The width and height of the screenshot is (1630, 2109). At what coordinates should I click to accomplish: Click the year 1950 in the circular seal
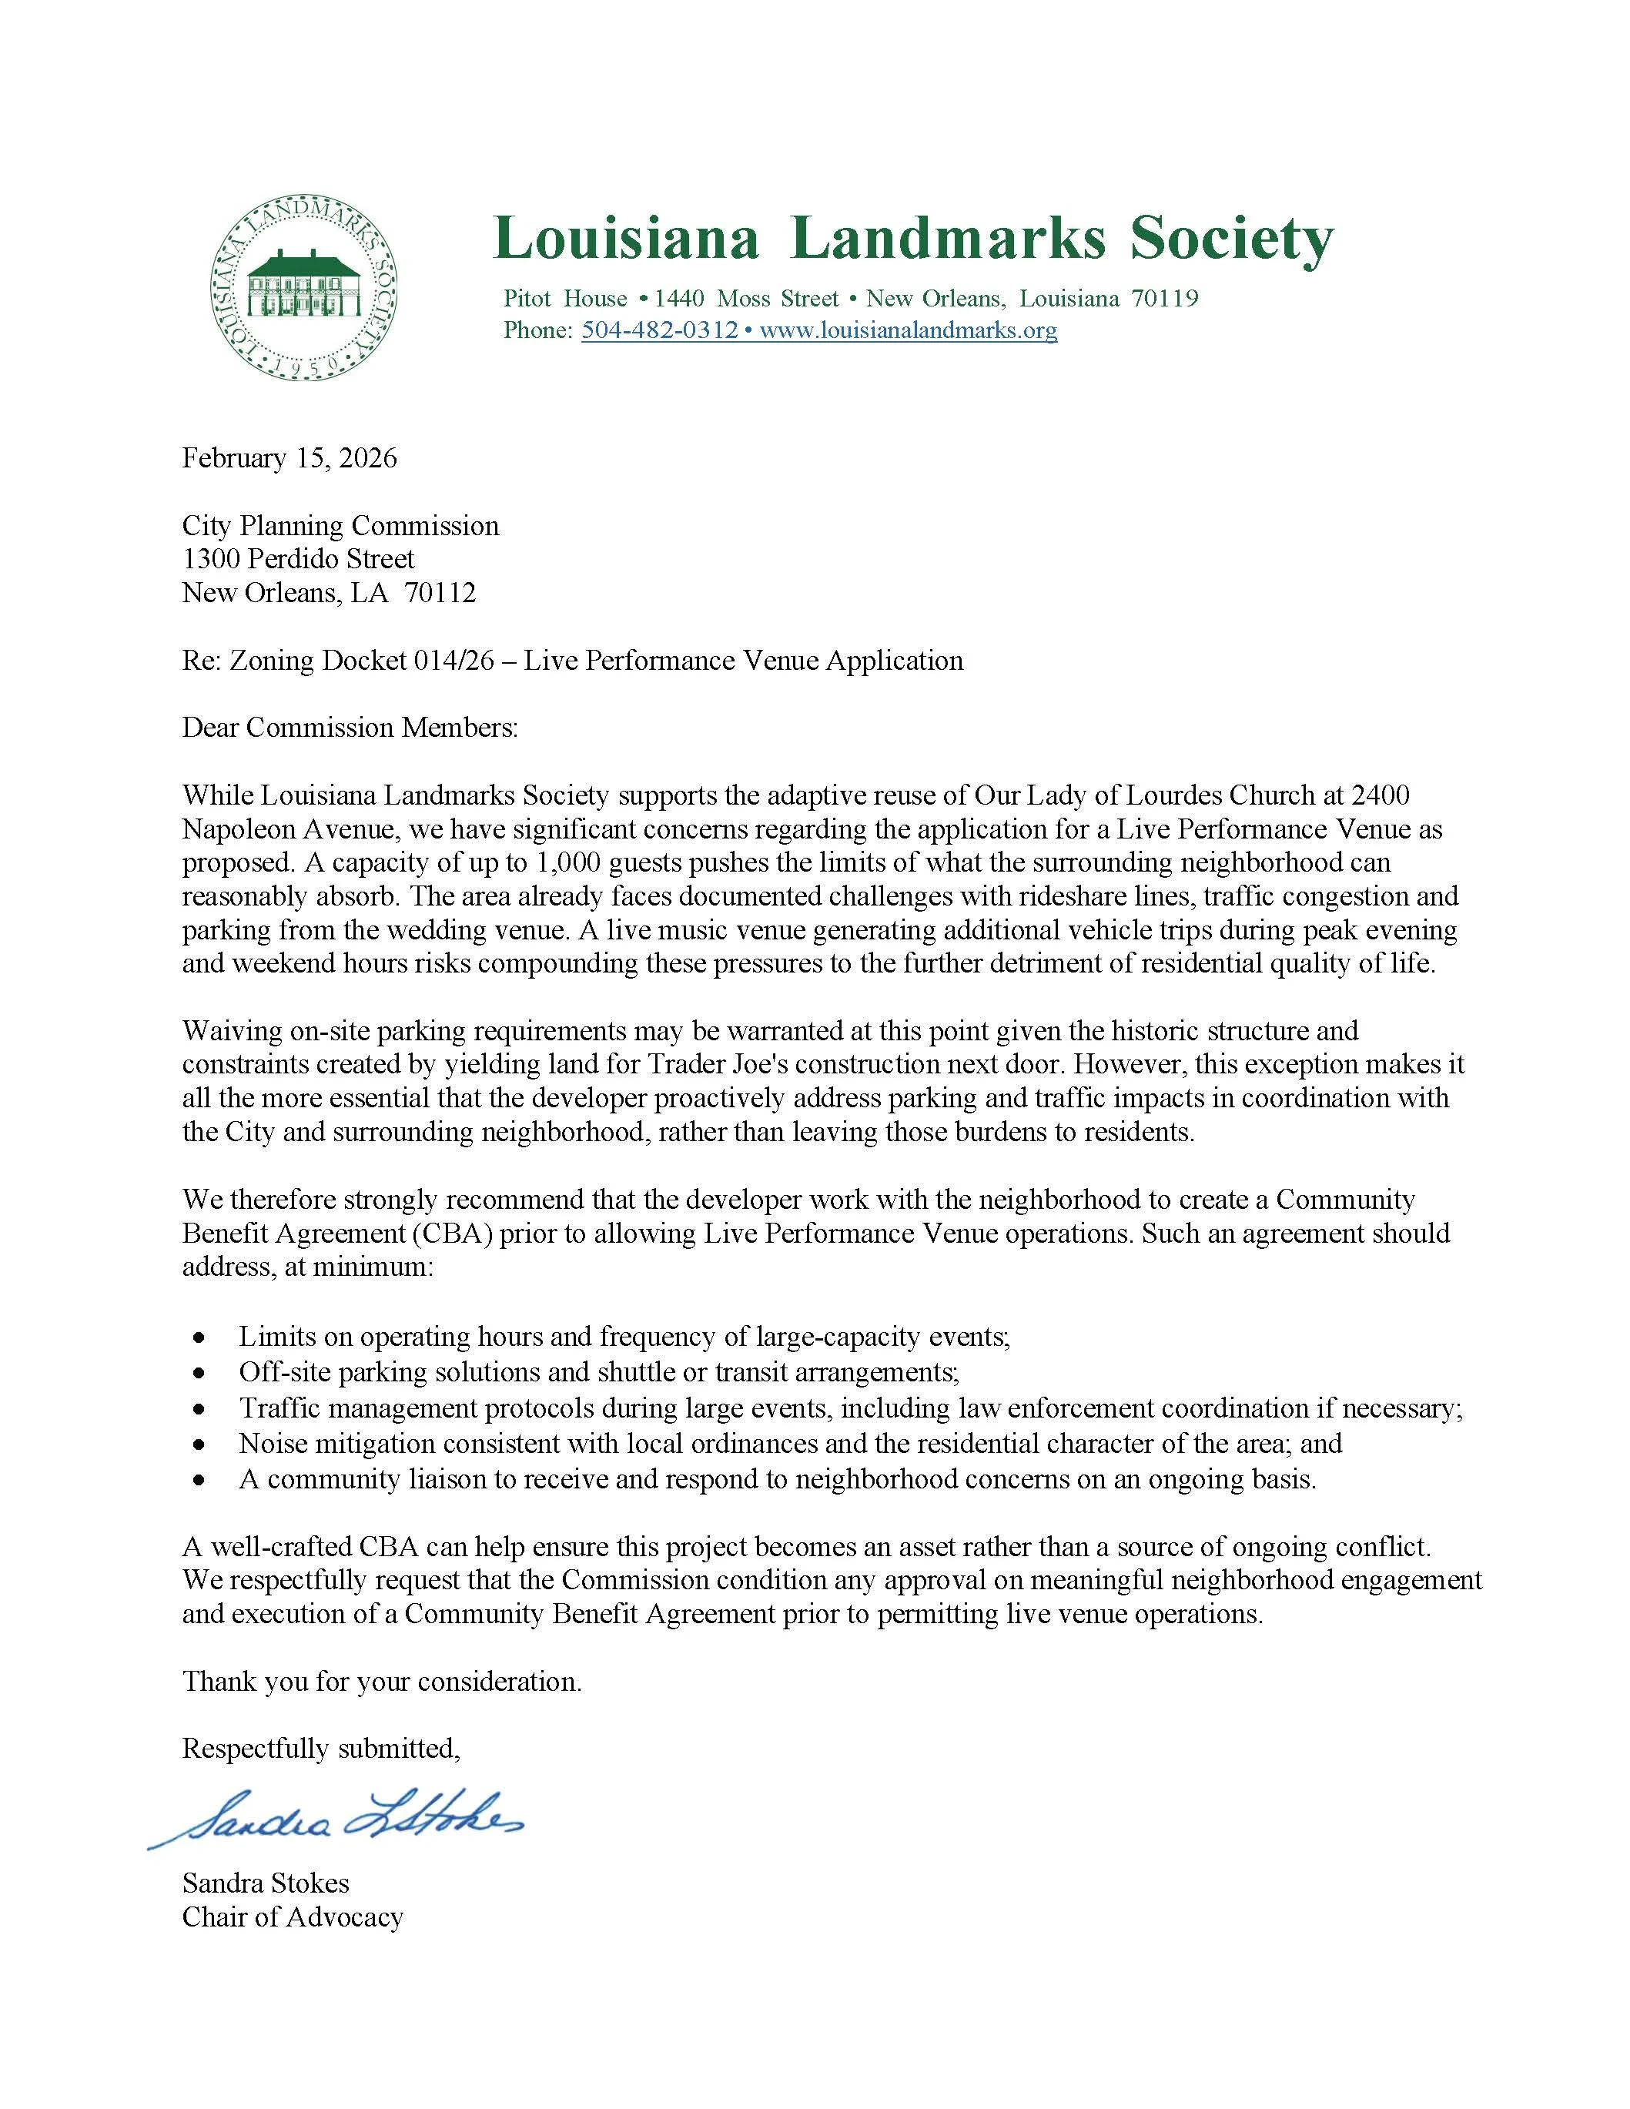(x=303, y=366)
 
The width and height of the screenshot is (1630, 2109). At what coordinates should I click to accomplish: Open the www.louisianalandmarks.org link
(x=908, y=330)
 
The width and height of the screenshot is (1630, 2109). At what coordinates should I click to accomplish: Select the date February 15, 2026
(x=290, y=457)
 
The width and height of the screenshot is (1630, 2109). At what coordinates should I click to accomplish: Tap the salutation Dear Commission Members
(x=350, y=727)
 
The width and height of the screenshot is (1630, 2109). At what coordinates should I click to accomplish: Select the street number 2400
(x=1381, y=795)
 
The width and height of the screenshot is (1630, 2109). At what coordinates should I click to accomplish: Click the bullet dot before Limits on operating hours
(x=199, y=1338)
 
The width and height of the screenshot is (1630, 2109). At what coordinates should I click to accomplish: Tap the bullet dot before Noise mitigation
(x=199, y=1445)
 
